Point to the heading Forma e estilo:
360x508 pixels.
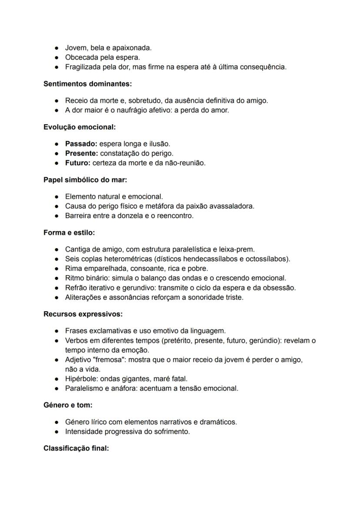69,232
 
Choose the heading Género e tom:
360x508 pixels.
68,405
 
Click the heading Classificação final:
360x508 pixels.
76,448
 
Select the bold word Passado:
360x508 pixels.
81,144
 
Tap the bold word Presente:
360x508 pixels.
82,153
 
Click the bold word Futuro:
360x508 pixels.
78,163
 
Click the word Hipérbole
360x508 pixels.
79,379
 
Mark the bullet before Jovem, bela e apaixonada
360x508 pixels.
57,48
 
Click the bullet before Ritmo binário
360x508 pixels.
57,278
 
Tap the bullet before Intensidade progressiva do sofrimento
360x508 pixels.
57,432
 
